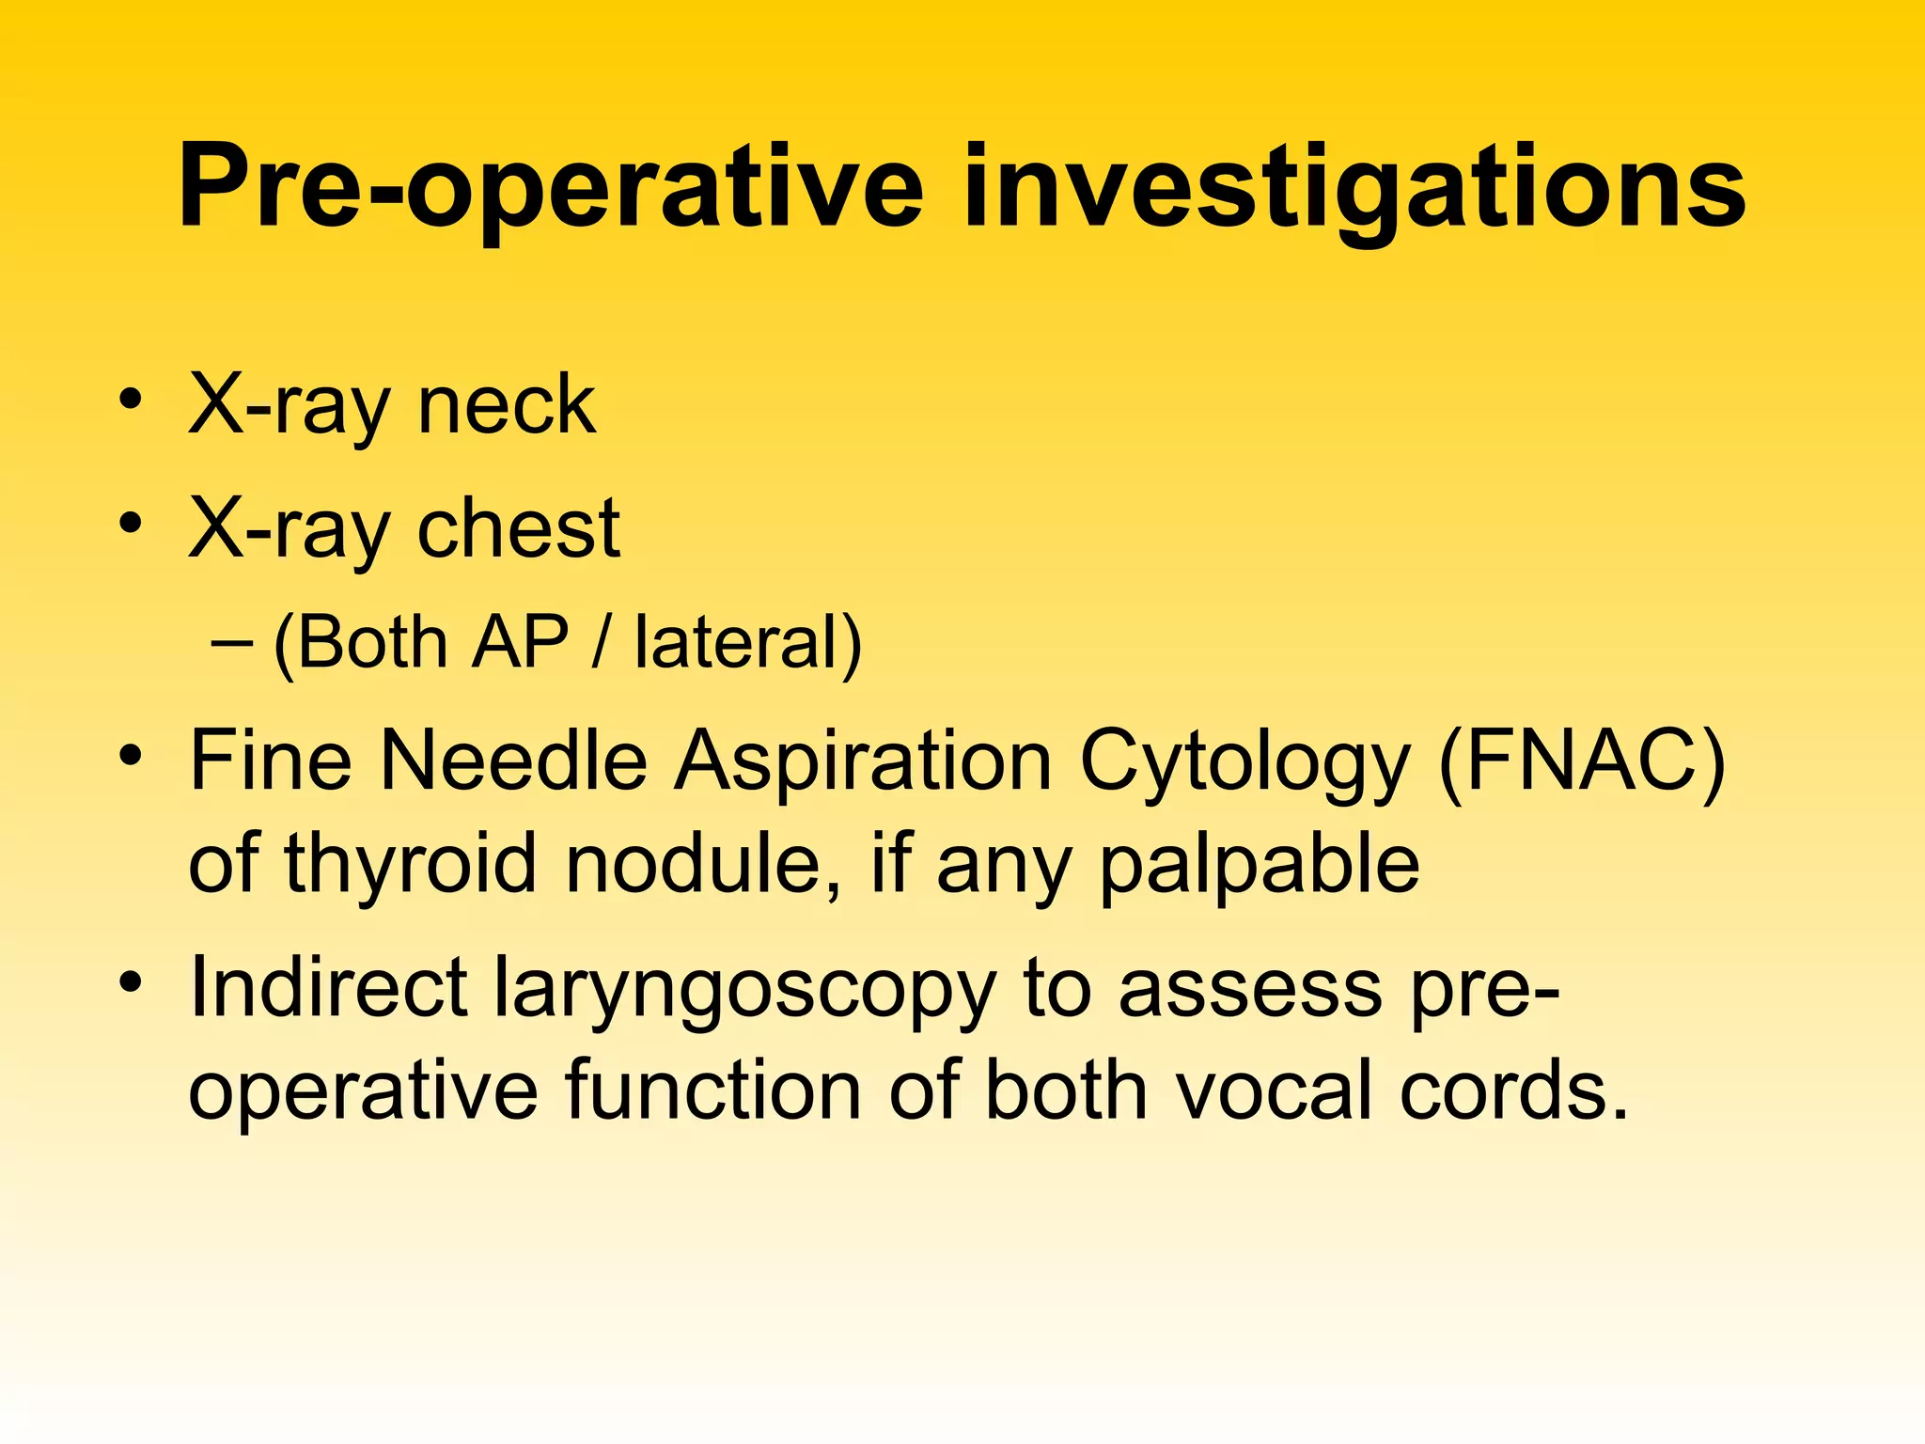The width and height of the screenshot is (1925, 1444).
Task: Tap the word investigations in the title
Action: click(1354, 187)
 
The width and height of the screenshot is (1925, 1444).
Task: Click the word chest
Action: click(518, 528)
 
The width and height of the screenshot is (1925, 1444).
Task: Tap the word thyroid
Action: click(410, 863)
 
